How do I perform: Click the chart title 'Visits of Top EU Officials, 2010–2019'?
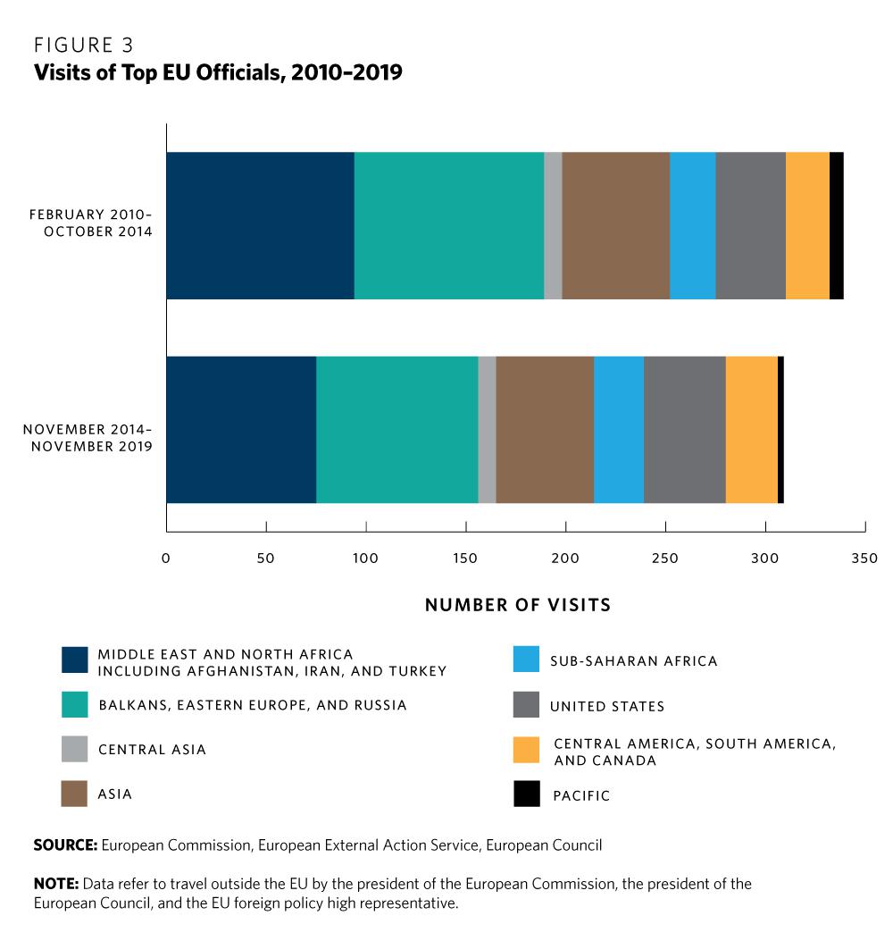218,73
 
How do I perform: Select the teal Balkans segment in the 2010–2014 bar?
448,225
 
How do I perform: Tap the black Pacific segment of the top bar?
836,225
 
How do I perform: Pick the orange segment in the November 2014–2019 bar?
751,429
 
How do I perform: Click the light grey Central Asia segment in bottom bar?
487,429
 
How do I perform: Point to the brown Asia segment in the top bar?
615,225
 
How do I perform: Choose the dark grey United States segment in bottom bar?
684,429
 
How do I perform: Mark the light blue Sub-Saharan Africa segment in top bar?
692,225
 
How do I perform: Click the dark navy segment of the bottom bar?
241,429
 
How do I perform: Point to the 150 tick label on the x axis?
465,559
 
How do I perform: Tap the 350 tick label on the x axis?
864,559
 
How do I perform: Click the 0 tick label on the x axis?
166,559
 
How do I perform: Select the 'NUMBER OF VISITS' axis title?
518,605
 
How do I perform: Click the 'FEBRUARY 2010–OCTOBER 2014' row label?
91,223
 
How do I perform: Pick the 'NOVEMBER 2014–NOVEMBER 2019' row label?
88,437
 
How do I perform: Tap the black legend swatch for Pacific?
527,794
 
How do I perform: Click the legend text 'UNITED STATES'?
607,706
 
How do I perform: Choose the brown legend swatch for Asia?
74,794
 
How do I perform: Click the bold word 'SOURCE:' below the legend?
65,844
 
